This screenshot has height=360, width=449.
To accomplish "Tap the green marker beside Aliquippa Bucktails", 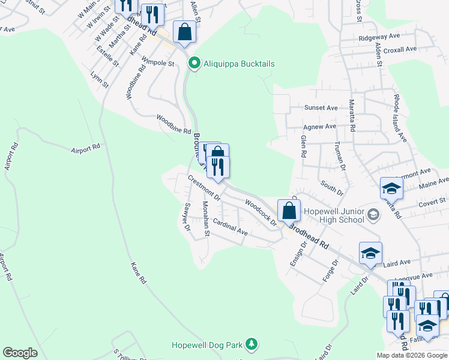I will (194, 63).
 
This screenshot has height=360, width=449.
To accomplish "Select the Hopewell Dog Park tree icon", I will (253, 344).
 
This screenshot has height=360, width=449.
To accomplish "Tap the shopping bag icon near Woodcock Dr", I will (289, 211).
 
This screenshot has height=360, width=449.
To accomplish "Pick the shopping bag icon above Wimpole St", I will (184, 31).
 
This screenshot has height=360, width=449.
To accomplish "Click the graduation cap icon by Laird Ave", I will (370, 254).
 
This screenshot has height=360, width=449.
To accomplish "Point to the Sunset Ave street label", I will (321, 108).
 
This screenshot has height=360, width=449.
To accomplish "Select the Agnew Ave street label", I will (320, 127).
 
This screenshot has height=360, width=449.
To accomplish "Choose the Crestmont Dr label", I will (204, 188).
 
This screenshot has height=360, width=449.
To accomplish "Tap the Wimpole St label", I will (158, 62).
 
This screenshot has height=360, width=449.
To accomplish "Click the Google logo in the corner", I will (20, 353).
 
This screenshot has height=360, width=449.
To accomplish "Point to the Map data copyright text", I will (412, 355).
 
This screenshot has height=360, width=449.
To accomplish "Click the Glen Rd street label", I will (304, 146).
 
